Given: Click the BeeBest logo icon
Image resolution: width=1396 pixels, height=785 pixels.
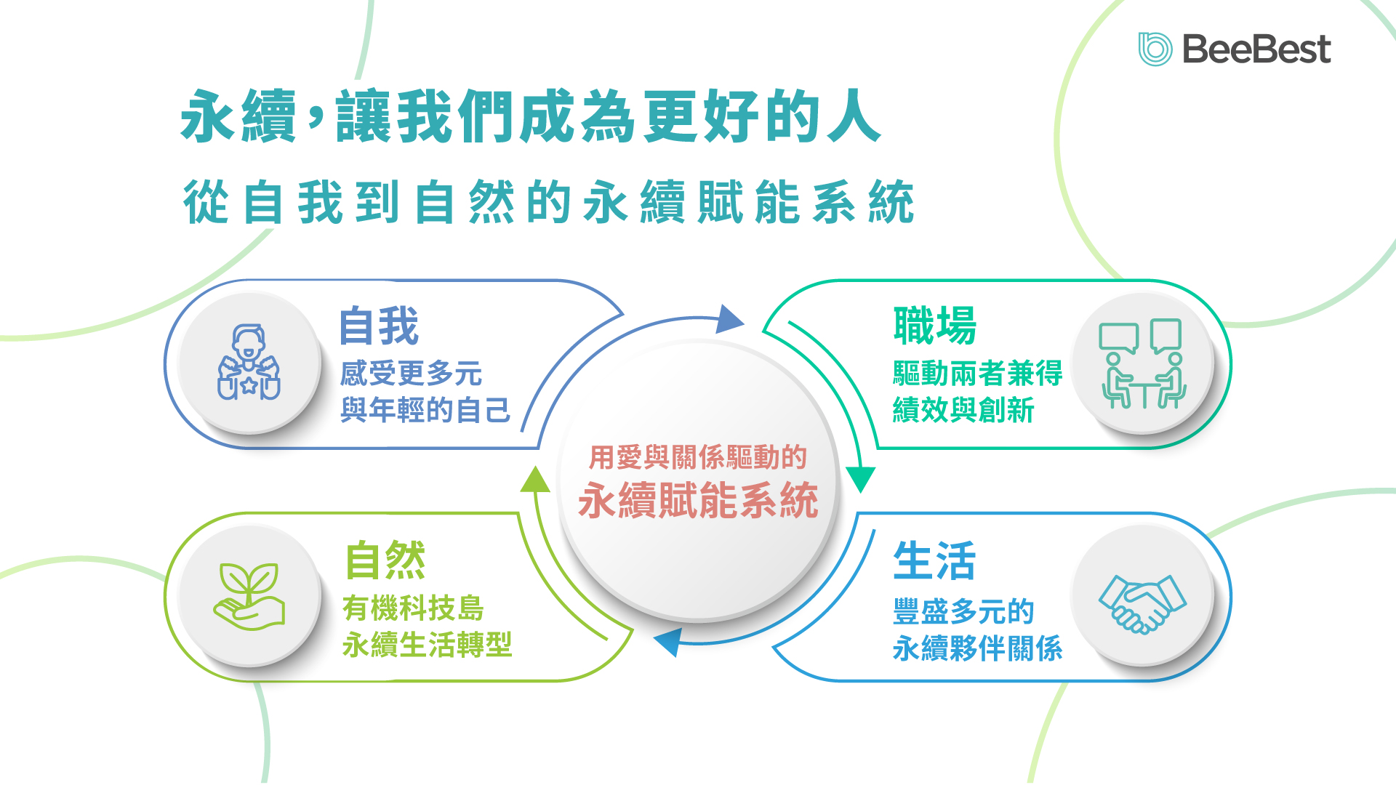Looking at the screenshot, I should (x=1155, y=49).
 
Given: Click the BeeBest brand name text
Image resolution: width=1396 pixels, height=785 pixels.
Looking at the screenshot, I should (x=1256, y=49).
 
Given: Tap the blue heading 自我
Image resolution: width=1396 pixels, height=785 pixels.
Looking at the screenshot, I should (x=379, y=326).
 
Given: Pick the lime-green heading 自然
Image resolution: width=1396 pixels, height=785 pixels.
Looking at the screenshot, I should (x=385, y=560).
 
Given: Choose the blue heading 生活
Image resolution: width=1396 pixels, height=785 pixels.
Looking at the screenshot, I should (x=934, y=561).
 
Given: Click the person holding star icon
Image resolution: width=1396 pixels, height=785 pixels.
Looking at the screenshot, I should (x=249, y=363).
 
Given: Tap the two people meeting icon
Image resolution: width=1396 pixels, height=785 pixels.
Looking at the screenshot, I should (x=1142, y=363).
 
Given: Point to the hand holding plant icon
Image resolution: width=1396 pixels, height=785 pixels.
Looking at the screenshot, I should (x=249, y=596).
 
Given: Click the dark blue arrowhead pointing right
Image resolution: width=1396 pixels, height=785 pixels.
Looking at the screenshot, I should (x=729, y=320).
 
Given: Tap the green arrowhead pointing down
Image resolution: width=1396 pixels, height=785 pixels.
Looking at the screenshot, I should (x=861, y=479).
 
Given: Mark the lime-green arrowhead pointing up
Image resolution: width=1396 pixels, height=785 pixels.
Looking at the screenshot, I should (x=535, y=480).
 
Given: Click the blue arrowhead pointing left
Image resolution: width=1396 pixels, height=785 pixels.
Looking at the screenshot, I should (x=667, y=642).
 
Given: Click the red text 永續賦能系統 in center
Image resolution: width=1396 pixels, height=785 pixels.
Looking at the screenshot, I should (x=698, y=501).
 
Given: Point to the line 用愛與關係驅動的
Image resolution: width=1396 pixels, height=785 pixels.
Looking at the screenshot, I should (x=698, y=458).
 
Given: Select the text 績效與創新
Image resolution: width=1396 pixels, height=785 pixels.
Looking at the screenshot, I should (x=963, y=410).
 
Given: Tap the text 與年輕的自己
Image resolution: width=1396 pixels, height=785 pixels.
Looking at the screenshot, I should (x=425, y=410).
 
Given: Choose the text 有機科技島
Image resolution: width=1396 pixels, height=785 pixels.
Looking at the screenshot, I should (x=413, y=608).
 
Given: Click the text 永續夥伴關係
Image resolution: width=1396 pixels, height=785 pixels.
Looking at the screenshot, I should (x=978, y=648).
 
